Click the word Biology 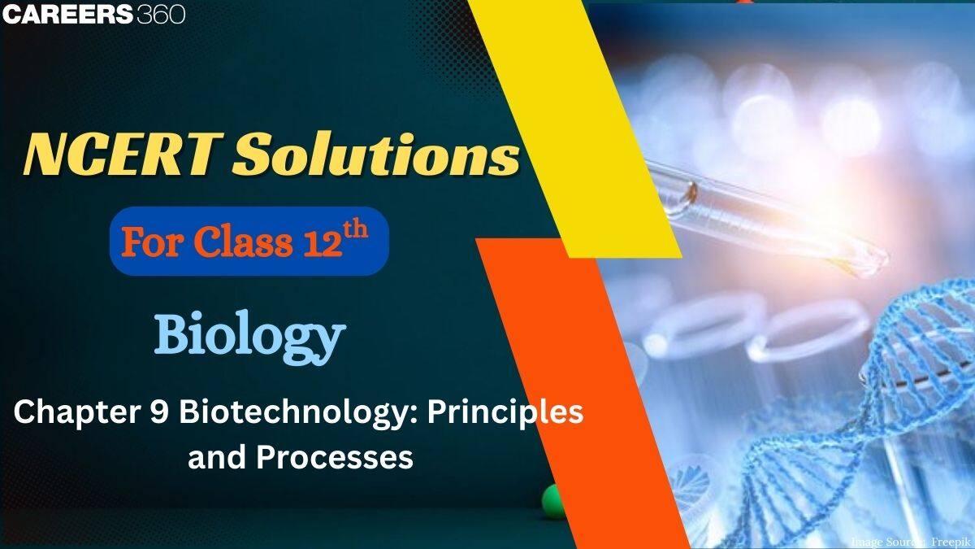pyautogui.click(x=249, y=336)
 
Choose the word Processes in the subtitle pyautogui.click(x=336, y=457)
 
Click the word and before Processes pyautogui.click(x=217, y=457)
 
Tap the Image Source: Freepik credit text pyautogui.click(x=910, y=541)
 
